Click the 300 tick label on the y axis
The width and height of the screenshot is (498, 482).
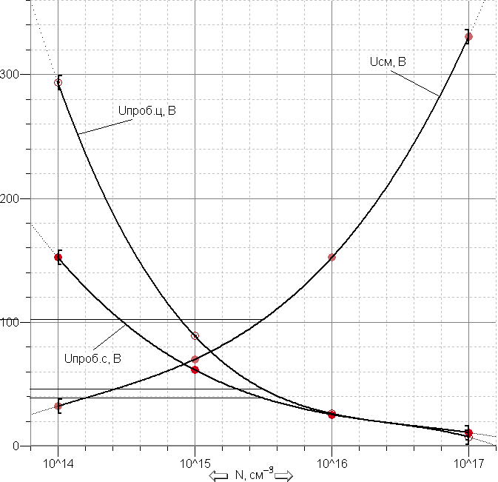(x=9, y=75)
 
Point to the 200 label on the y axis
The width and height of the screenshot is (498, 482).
(x=9, y=199)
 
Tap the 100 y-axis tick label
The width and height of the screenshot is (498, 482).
(x=9, y=323)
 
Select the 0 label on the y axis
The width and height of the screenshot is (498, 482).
(x=16, y=446)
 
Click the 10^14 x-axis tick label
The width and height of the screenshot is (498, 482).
(x=58, y=464)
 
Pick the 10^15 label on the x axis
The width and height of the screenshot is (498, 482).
(x=195, y=464)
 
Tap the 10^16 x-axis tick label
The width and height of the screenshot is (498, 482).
(x=332, y=464)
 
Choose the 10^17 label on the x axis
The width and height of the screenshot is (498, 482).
(x=469, y=464)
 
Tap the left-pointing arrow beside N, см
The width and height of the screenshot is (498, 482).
(x=218, y=475)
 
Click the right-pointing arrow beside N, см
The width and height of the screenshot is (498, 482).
(x=283, y=475)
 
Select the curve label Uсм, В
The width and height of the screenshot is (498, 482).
(x=388, y=61)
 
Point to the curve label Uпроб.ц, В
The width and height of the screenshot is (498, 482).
(x=147, y=110)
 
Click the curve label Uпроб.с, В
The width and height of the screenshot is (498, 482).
(x=92, y=358)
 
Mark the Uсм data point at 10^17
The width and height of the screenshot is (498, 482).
(x=468, y=36)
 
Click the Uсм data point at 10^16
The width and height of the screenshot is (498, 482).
(x=332, y=257)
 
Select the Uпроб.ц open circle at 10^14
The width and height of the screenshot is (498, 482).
(x=58, y=83)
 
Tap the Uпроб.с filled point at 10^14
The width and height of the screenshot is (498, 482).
(x=58, y=257)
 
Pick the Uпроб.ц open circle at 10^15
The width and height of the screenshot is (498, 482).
(x=195, y=335)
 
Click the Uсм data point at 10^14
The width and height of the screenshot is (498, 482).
(x=58, y=406)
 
